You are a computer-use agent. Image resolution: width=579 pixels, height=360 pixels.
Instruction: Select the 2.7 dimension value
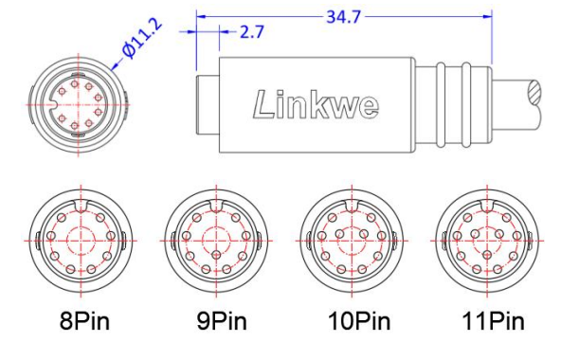point(251,32)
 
